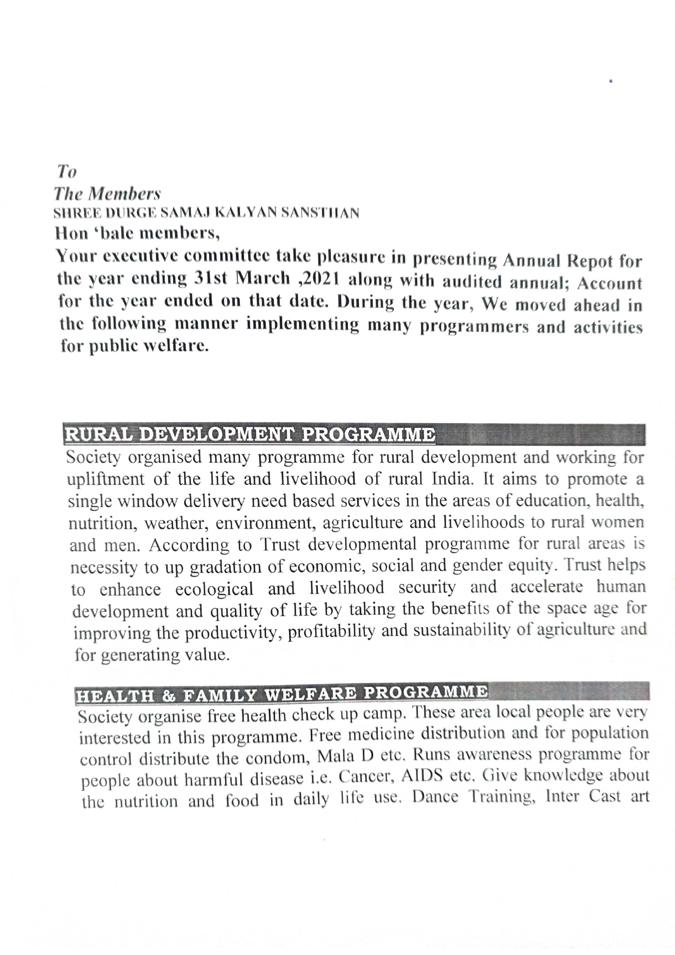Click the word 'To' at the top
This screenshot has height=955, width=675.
click(66, 172)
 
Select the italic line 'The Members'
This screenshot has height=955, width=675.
click(107, 194)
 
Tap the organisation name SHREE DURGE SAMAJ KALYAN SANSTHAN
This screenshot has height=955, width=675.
click(206, 213)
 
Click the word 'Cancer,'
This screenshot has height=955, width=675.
click(366, 778)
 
